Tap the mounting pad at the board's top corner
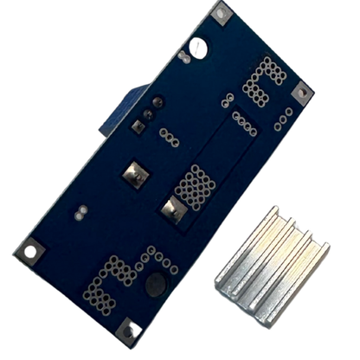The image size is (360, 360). point(221,12)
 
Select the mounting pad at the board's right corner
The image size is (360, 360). point(304,90)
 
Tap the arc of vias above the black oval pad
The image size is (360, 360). point(159,260)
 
